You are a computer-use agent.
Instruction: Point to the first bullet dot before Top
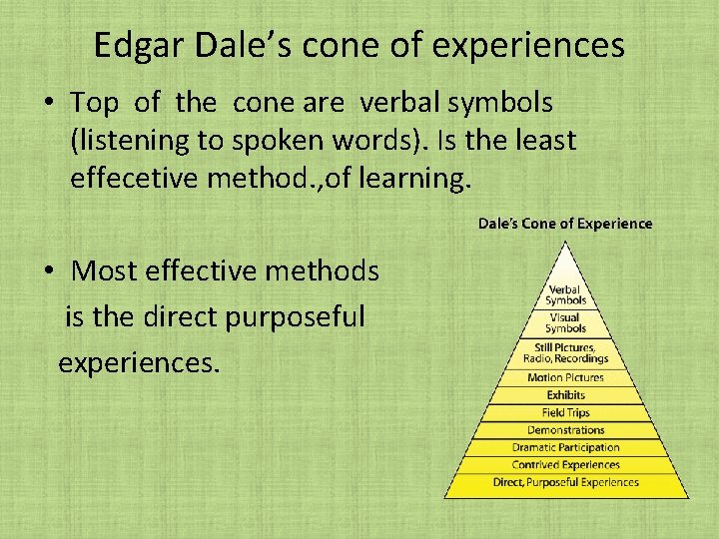49,103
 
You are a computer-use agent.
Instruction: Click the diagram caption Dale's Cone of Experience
565,224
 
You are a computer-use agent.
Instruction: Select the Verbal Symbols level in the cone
565,295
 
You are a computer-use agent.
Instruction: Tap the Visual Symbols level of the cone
565,322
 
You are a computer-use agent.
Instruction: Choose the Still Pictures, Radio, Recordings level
565,352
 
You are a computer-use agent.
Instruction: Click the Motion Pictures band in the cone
565,378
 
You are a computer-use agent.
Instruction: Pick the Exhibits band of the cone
565,395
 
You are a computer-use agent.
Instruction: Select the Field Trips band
565,412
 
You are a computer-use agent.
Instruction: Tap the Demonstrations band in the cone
565,430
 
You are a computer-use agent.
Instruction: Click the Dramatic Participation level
565,447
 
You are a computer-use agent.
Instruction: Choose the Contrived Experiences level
565,464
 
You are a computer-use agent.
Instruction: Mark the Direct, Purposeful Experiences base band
565,483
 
